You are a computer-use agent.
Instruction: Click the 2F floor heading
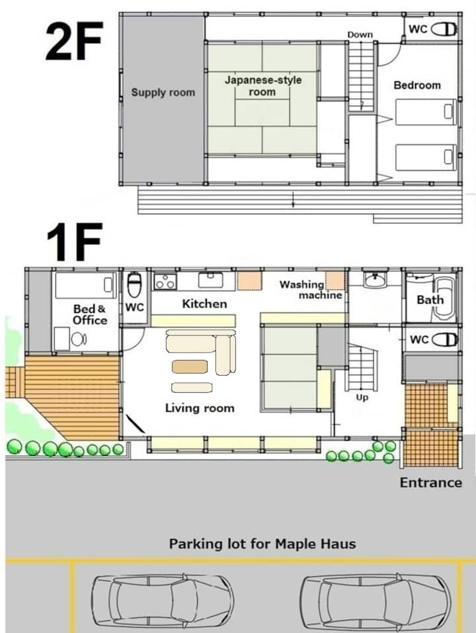[74, 41]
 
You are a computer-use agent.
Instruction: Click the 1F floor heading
[74, 242]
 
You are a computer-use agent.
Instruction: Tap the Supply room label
[163, 93]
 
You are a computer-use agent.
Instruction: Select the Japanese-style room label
[263, 85]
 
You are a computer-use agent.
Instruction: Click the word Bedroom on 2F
[417, 85]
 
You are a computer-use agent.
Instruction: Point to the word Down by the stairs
[360, 34]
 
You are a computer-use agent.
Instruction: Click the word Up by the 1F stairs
[362, 398]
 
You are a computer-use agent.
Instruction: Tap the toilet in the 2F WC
[444, 29]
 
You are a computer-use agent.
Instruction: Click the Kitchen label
[204, 304]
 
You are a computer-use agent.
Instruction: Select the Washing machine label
[311, 290]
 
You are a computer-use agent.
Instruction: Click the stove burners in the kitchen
[165, 281]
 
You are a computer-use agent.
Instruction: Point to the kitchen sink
[210, 279]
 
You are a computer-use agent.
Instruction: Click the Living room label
[200, 408]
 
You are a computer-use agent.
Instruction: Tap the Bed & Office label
[90, 314]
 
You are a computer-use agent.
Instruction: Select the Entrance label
[431, 482]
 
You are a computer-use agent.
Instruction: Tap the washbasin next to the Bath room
[375, 278]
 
